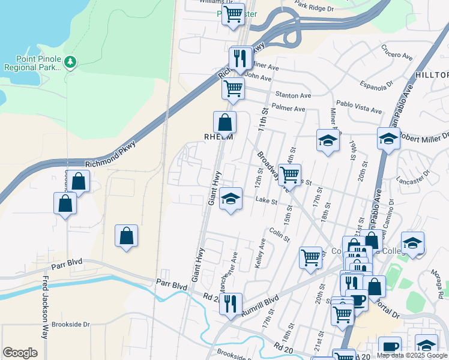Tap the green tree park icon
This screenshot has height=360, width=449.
coord(71,62)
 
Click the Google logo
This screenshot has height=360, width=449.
coord(20,353)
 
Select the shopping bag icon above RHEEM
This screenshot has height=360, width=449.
coord(224,122)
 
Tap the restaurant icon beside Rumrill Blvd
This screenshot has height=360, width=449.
coord(231,305)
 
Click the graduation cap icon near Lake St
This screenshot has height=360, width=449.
coord(230,200)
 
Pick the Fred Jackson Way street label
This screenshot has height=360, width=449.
coord(45,307)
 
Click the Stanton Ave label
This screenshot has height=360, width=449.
coord(293,95)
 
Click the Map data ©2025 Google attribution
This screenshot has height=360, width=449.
coord(411,355)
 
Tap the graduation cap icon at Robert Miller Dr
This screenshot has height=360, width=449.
coord(388,139)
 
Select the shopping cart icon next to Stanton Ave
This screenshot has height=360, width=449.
coord(233,89)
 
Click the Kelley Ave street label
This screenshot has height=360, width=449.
coord(262,253)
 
